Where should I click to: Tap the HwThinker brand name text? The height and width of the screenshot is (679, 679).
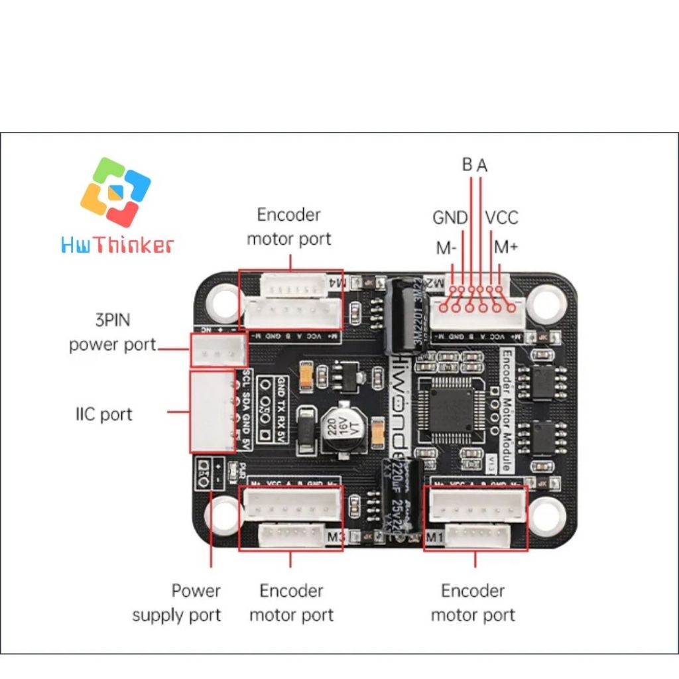coord(117,246)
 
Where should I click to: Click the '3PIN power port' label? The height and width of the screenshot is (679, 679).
coord(112,333)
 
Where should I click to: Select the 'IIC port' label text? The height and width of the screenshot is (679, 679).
coord(103,414)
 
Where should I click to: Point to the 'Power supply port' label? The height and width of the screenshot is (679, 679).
coord(176,602)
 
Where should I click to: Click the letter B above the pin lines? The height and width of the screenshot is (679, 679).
coord(467,164)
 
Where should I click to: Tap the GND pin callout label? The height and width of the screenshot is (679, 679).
coord(450,217)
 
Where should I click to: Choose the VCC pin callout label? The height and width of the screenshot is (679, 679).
coord(501,217)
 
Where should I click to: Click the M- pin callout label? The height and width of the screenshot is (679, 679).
coord(446,249)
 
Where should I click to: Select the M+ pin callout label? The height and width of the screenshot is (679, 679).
coord(506,247)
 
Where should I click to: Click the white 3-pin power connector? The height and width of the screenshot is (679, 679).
coord(217,349)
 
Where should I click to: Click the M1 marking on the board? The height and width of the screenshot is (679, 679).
coord(435,536)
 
